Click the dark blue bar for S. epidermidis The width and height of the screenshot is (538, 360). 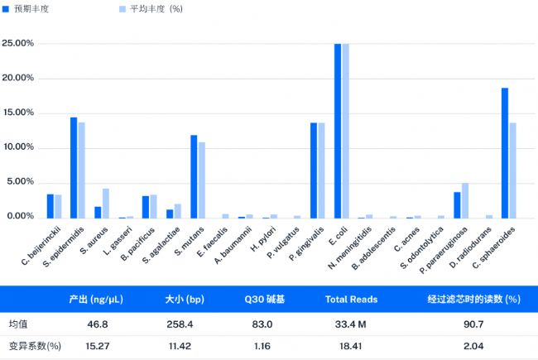(74, 168)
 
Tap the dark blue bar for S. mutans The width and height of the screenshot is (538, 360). (194, 176)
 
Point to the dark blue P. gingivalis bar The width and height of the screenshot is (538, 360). (314, 170)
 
